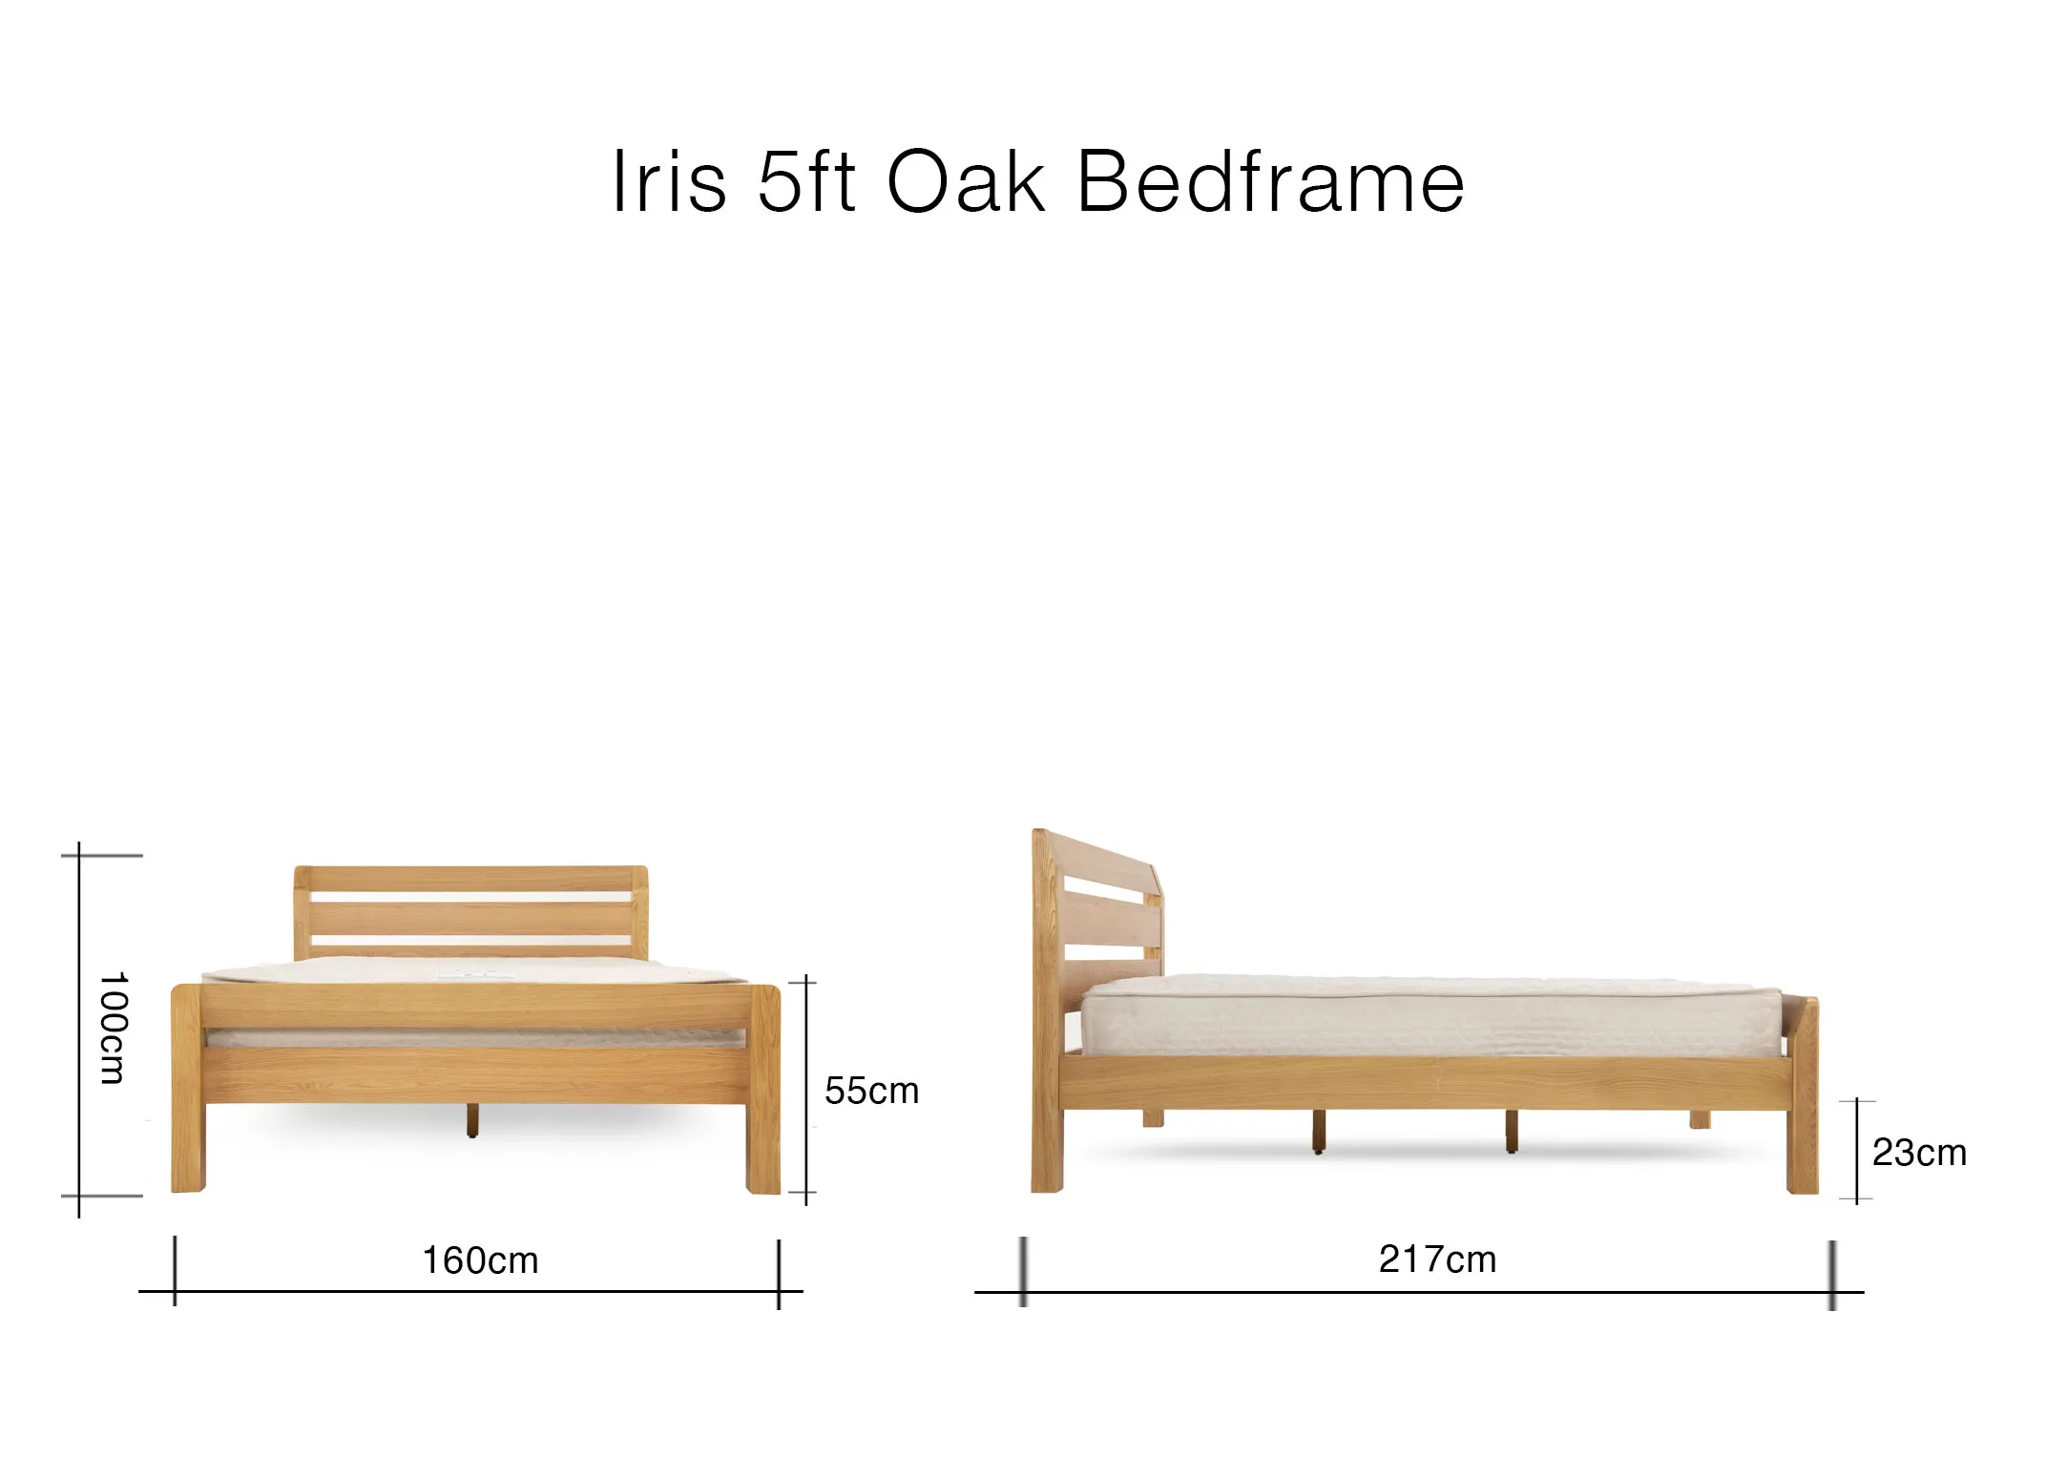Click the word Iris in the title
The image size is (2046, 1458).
click(668, 181)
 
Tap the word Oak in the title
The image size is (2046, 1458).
click(965, 181)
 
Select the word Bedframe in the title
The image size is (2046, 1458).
click(1270, 181)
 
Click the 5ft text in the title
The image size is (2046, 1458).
click(805, 181)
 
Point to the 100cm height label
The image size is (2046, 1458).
click(113, 1028)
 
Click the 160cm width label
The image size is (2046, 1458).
click(480, 1260)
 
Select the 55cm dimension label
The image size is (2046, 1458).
click(871, 1091)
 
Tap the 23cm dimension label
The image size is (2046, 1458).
click(1919, 1153)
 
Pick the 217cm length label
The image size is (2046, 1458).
click(1437, 1260)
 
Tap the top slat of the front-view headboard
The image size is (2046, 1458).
click(470, 878)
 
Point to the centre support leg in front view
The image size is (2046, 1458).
click(472, 1120)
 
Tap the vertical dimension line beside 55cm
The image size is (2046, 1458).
click(806, 1088)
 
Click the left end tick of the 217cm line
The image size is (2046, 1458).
click(1023, 1271)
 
